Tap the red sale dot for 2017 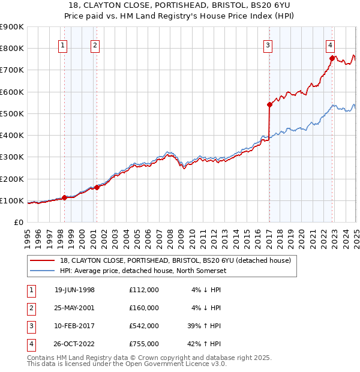pyautogui.click(x=269, y=104)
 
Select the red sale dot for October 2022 pyautogui.click(x=332, y=58)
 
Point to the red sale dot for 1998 pyautogui.click(x=64, y=197)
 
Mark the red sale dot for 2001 pyautogui.click(x=97, y=187)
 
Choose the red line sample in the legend pyautogui.click(x=42, y=260)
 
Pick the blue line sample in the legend pyautogui.click(x=42, y=271)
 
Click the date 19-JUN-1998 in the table pyautogui.click(x=74, y=290)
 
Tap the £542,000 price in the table pyautogui.click(x=144, y=326)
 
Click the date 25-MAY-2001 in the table pyautogui.click(x=74, y=308)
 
